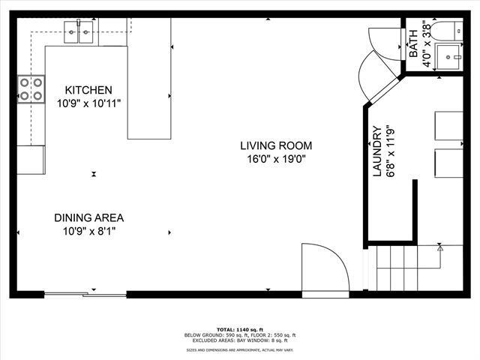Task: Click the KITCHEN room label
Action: [x=88, y=89]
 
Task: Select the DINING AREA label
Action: [x=88, y=218]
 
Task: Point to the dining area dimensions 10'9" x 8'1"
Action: [x=88, y=231]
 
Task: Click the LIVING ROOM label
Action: [x=276, y=145]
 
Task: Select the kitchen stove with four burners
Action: [x=31, y=89]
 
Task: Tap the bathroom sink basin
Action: [x=449, y=56]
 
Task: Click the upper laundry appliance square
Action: [x=448, y=125]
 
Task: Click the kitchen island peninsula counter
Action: [x=149, y=79]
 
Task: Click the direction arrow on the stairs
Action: [x=439, y=247]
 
